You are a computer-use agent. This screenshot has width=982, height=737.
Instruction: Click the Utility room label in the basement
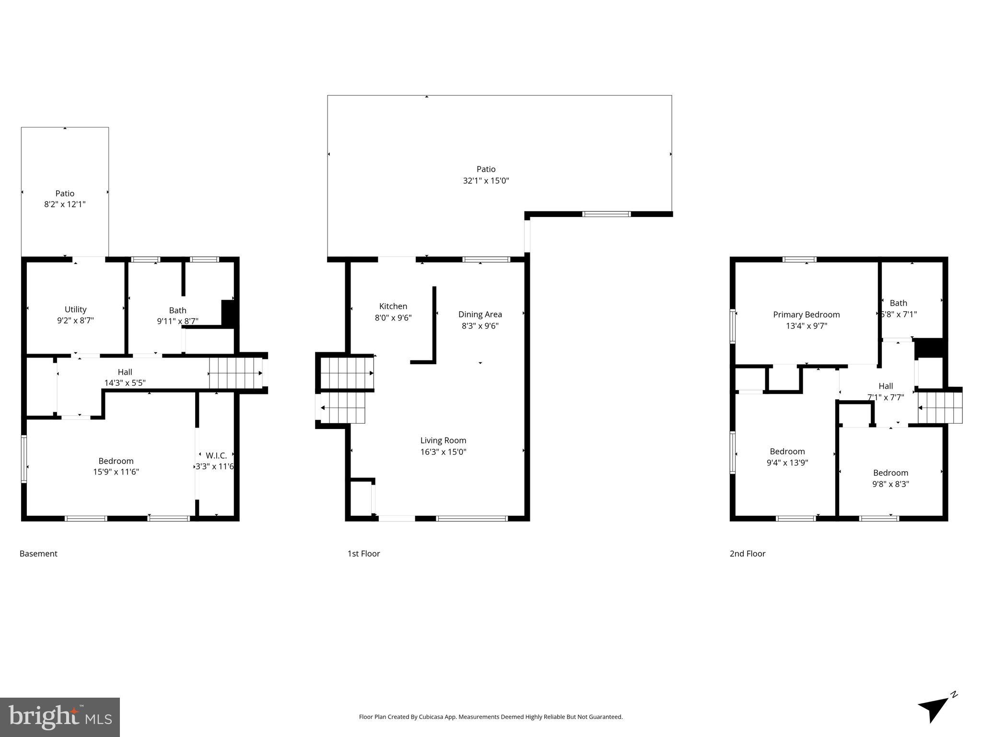75,309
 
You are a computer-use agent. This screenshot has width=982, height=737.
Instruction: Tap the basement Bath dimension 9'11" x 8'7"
177,321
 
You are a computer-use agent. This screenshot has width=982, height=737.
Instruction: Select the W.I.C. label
216,455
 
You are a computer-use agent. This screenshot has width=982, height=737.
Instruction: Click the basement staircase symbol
235,373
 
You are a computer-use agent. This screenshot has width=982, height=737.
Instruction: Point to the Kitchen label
393,306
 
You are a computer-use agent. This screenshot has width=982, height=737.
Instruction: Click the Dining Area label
480,314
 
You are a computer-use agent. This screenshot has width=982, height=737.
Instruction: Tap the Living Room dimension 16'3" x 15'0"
443,452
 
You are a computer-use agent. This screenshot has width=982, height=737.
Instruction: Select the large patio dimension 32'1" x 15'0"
486,181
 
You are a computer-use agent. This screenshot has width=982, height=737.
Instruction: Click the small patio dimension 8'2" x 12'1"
65,204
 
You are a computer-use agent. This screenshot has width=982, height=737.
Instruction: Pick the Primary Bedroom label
806,315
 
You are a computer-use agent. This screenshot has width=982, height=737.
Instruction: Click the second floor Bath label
898,303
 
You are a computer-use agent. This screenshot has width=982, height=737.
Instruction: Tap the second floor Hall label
886,386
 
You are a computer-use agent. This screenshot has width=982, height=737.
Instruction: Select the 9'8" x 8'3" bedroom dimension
890,484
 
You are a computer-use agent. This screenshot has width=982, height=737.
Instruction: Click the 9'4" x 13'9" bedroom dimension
787,463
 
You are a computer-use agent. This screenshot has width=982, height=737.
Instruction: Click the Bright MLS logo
59,717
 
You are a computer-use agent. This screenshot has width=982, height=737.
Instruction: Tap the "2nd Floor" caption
747,554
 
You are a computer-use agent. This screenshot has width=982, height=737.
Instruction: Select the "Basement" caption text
38,554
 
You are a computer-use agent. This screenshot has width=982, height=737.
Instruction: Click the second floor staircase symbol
940,408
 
